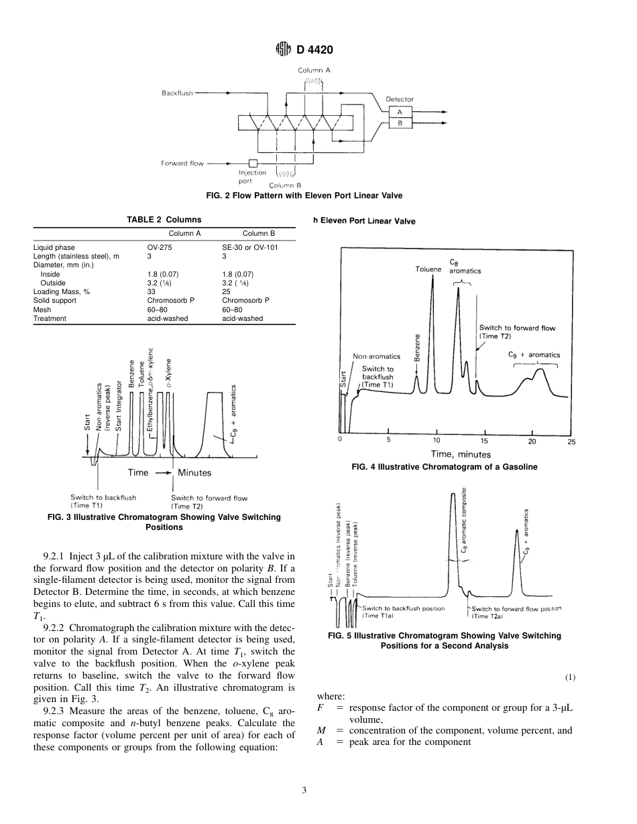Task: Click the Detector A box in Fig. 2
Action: (x=400, y=113)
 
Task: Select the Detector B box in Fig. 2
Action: (x=400, y=123)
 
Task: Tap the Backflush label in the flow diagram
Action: (x=177, y=93)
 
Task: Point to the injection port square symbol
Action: (x=253, y=163)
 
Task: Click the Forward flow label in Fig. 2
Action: (x=182, y=163)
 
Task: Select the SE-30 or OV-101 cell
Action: (x=250, y=247)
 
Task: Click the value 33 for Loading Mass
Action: (x=152, y=291)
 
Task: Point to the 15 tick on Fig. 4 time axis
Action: (x=485, y=441)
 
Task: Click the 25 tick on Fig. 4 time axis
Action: (x=571, y=441)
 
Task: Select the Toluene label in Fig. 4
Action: (x=428, y=269)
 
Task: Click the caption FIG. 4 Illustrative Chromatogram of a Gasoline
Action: (x=444, y=467)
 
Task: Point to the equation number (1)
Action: (x=570, y=677)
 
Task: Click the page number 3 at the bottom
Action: (x=304, y=791)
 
